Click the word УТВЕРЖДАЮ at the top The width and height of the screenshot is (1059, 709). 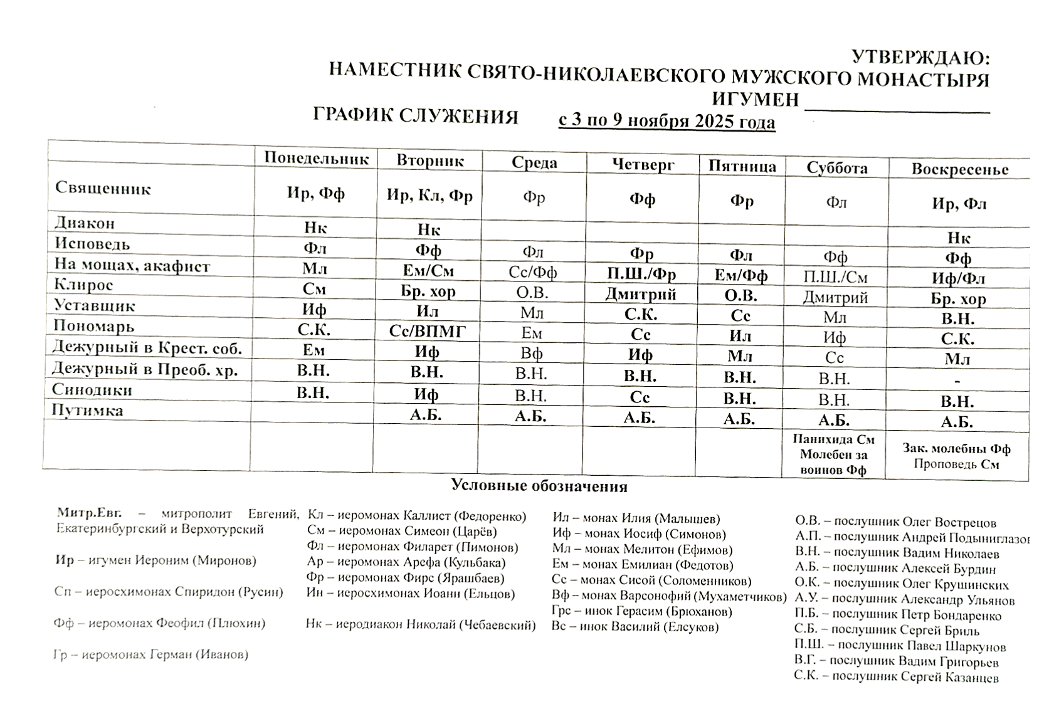pos(920,58)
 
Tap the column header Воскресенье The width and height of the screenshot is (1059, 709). pos(959,169)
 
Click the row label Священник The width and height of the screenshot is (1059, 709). pos(103,188)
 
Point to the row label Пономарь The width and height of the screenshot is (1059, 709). pos(94,326)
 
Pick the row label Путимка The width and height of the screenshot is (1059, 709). pos(88,411)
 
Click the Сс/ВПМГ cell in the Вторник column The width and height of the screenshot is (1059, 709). pos(428,332)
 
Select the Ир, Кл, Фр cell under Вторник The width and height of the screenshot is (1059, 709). pos(429,195)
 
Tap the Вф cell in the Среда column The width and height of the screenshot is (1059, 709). pos(532,353)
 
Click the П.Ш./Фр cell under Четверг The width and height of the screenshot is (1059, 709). pos(641,275)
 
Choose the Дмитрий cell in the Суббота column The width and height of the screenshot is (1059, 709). pos(835,297)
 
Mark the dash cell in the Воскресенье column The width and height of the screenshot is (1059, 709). pos(957,381)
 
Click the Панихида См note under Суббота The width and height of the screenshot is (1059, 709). pos(833,439)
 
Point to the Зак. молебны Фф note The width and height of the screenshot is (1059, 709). pos(956,448)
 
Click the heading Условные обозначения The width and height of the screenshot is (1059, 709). pos(539,486)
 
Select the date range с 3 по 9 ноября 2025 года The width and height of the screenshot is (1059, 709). pos(666,120)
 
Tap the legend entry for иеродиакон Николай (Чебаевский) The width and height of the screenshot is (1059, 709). pos(421,624)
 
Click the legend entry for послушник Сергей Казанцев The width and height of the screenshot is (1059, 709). pos(896,676)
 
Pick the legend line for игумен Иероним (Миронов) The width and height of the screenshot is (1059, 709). pos(156,560)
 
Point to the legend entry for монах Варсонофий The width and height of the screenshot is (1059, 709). pos(668,596)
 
